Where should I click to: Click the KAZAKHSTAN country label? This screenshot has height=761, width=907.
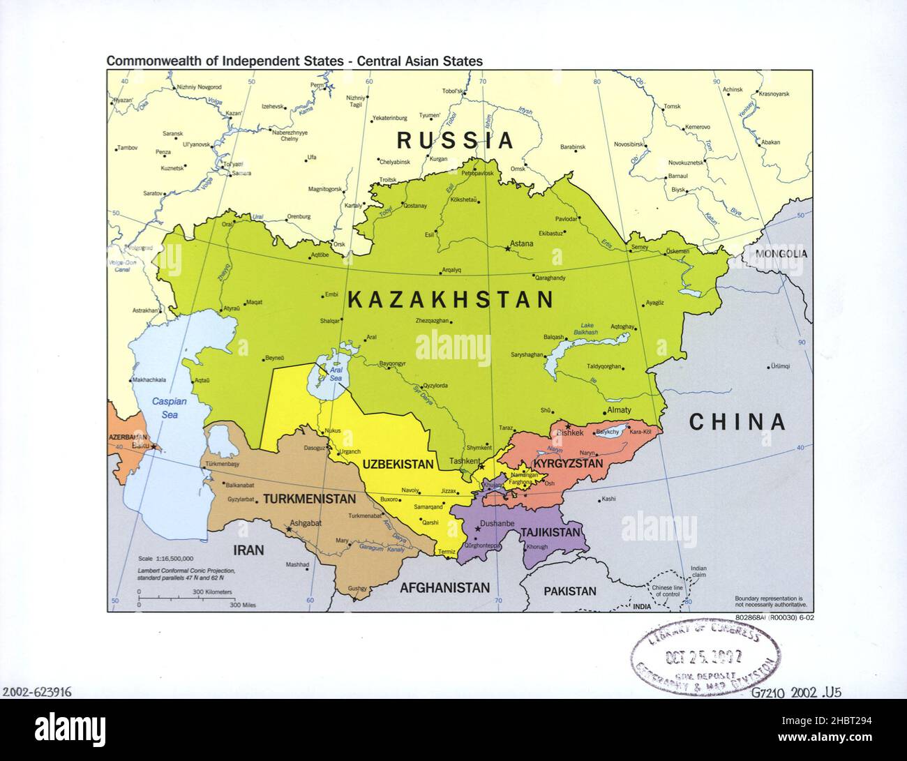(450, 301)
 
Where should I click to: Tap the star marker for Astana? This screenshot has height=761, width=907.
(507, 248)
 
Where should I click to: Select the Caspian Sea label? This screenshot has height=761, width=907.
(165, 408)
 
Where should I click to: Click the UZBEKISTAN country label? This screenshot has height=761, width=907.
(398, 464)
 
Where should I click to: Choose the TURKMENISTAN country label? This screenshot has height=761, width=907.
(309, 499)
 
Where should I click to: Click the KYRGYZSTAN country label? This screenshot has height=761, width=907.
(567, 463)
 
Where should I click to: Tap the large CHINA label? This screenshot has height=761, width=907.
(737, 422)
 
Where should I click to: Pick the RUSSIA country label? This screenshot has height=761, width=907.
(455, 140)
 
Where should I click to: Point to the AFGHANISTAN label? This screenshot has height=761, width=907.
(444, 587)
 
